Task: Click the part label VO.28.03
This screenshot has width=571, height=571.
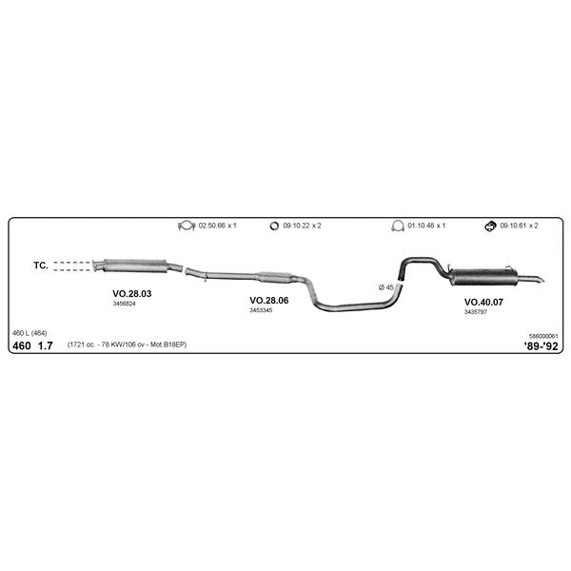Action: pyautogui.click(x=132, y=293)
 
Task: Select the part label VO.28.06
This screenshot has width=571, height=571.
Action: pyautogui.click(x=268, y=300)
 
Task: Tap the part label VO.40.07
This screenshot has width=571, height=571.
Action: pyautogui.click(x=483, y=302)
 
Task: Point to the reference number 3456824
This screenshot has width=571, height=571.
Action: pyautogui.click(x=124, y=304)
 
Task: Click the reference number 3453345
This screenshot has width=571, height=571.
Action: pyautogui.click(x=261, y=310)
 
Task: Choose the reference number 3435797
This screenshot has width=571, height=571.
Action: pyautogui.click(x=475, y=312)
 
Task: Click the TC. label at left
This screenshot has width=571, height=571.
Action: pyautogui.click(x=41, y=266)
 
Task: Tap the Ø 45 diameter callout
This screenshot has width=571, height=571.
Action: pyautogui.click(x=386, y=287)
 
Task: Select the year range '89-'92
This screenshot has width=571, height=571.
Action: pyautogui.click(x=541, y=346)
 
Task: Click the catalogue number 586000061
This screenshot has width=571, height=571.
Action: pyautogui.click(x=543, y=336)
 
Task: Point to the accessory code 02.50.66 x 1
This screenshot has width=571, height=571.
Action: pyautogui.click(x=217, y=226)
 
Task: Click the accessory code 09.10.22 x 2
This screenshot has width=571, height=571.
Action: pyautogui.click(x=302, y=226)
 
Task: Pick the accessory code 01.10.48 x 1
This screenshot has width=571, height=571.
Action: pyautogui.click(x=426, y=226)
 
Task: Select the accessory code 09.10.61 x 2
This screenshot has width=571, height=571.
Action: pyautogui.click(x=519, y=226)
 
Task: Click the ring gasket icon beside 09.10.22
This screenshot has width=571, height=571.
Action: pyautogui.click(x=274, y=226)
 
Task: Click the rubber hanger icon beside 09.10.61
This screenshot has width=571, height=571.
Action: pyautogui.click(x=490, y=226)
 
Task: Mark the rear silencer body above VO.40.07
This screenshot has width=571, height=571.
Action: pyautogui.click(x=484, y=277)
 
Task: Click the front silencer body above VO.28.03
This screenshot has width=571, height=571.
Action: pyautogui.click(x=135, y=266)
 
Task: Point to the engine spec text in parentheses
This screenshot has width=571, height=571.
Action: pyautogui.click(x=128, y=345)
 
